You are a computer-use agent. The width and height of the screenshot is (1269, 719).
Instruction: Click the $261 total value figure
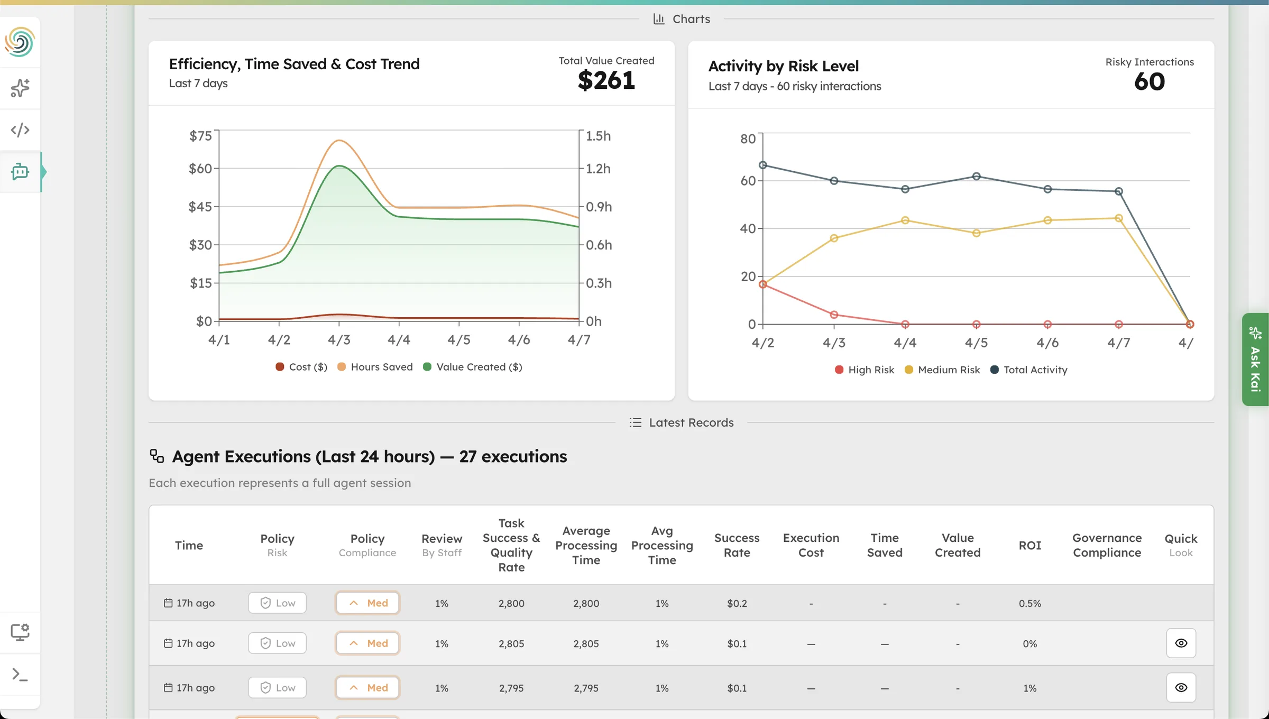pos(606,81)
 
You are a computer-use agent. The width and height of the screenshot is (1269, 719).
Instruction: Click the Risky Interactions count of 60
pos(1149,82)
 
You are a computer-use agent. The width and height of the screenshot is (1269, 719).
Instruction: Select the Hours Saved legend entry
pos(375,367)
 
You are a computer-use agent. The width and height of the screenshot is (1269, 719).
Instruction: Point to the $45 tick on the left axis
pos(200,207)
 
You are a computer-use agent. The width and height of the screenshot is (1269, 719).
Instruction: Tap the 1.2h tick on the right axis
pos(598,169)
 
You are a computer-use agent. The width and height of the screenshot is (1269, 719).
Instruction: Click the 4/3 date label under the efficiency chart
pos(339,340)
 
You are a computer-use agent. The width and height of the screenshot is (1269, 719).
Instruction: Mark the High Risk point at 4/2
pos(763,284)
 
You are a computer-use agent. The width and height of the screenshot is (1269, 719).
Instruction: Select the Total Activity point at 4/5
pos(976,177)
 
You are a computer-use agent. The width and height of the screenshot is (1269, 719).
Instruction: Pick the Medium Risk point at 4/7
pos(1118,218)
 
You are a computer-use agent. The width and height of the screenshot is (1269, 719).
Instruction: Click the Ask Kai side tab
pos(1255,359)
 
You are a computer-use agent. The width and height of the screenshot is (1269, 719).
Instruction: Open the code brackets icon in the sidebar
pos(20,130)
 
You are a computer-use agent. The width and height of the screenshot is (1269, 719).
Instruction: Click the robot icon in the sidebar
pos(20,172)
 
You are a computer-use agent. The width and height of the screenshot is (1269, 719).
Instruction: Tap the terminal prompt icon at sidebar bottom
pos(20,674)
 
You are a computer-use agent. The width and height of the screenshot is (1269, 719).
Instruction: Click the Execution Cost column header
pos(811,545)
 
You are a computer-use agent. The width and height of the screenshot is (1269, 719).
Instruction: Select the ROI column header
pos(1029,546)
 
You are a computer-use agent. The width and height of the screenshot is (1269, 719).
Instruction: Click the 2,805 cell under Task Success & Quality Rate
pos(511,644)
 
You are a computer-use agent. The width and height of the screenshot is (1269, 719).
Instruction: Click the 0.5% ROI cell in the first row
pos(1029,604)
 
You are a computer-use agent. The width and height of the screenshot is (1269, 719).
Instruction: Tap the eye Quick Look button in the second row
pos(1181,643)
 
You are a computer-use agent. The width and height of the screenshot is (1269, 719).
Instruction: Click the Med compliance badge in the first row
pos(367,603)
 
